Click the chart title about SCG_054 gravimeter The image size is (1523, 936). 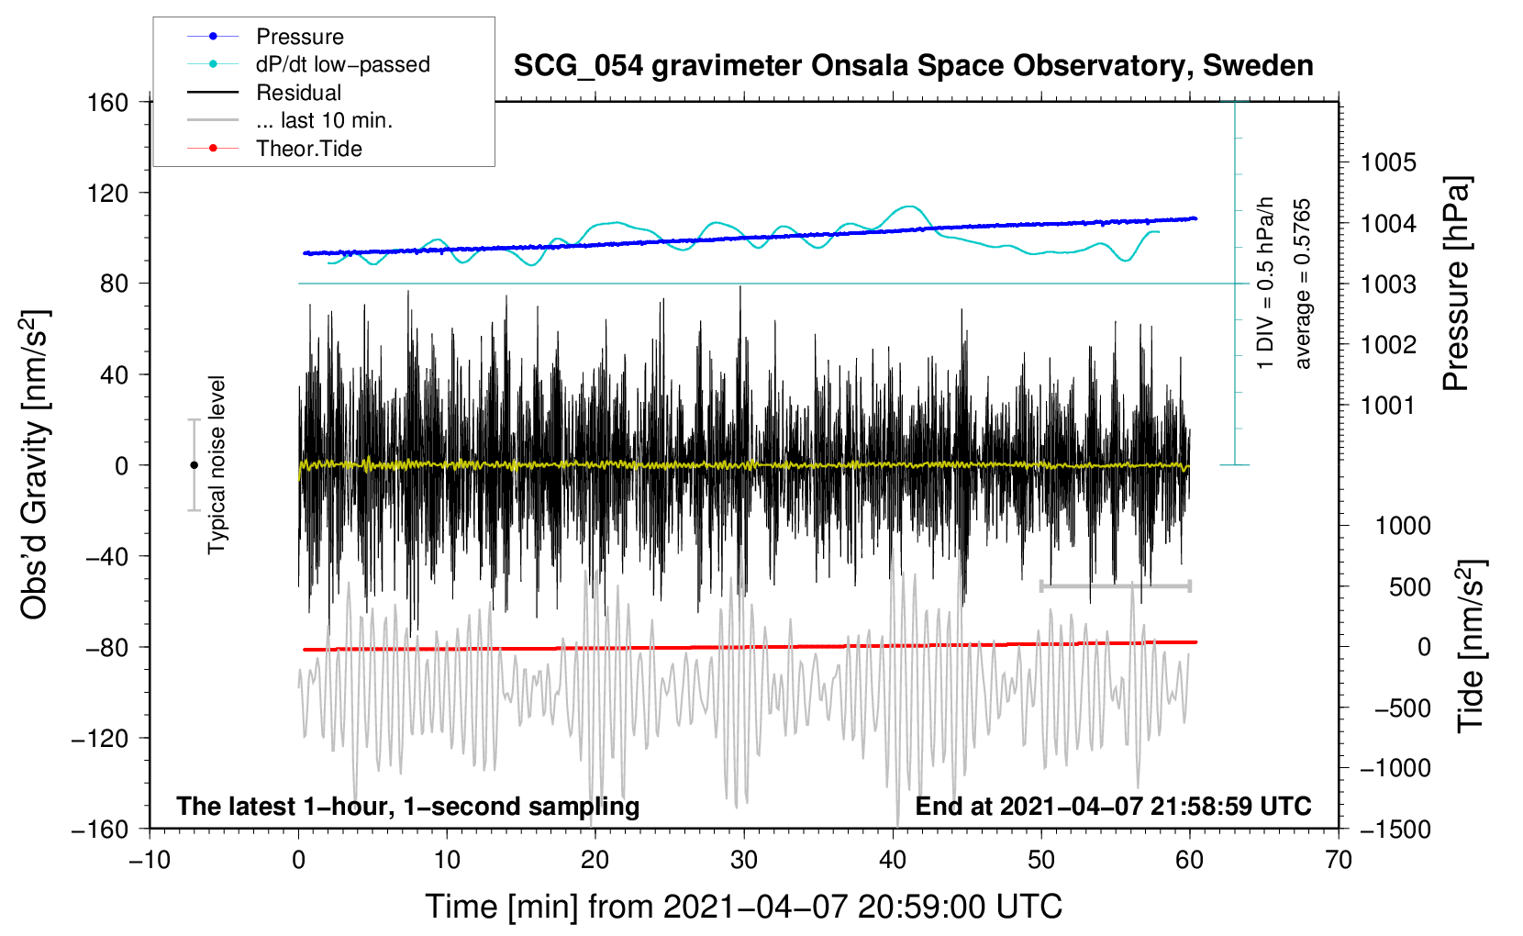point(913,66)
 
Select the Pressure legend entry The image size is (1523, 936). point(300,37)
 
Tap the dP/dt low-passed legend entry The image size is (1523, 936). point(342,64)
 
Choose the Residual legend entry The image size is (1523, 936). point(298,93)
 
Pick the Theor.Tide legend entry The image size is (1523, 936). point(309,149)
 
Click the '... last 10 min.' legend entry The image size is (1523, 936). point(324,120)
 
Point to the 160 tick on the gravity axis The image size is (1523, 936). point(108,102)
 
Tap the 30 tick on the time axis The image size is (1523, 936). point(744,860)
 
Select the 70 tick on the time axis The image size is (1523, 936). point(1339,860)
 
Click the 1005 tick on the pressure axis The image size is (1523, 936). point(1388,162)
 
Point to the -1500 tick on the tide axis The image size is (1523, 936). point(1395,829)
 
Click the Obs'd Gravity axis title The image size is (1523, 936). point(35,464)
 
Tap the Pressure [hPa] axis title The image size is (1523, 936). point(1457,284)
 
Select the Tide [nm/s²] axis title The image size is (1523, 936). point(1471,646)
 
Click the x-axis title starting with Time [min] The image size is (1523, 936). point(744,907)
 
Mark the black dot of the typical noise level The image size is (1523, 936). point(194,465)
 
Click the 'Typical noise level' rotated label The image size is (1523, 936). point(217,464)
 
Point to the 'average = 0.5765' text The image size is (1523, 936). point(1303,284)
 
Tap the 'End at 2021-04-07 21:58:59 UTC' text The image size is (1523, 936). point(1113,806)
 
